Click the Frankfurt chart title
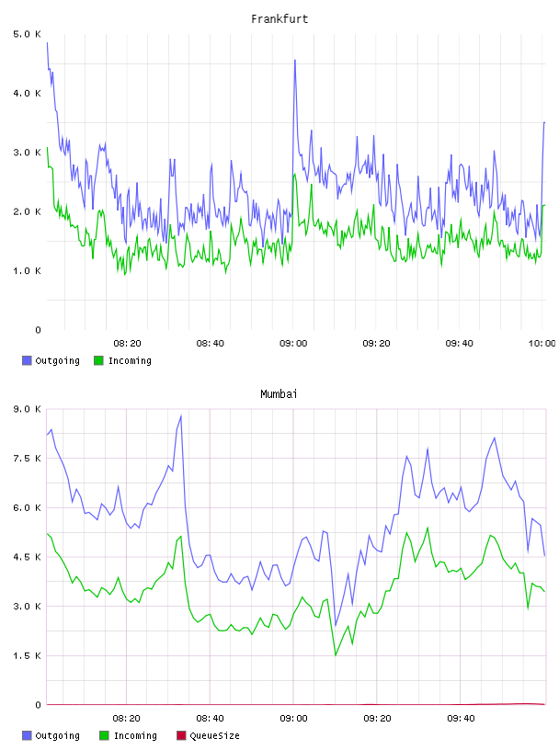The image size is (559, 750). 279,19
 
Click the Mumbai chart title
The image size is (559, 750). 279,394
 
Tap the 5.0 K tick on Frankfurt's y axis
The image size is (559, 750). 27,34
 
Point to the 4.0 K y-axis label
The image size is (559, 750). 27,93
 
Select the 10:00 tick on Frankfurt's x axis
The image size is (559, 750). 542,343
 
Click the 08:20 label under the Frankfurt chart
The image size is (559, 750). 127,343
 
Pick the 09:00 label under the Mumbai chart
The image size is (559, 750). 293,718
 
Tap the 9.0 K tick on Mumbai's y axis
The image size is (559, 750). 27,409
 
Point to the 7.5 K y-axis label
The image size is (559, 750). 27,459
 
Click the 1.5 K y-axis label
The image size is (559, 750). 27,655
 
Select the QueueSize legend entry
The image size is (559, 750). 208,735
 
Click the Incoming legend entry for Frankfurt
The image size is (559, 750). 123,360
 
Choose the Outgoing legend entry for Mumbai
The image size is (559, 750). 51,735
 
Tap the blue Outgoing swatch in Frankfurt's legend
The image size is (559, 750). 27,360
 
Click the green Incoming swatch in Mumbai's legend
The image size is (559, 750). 104,735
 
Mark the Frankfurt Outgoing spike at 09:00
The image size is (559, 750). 295,61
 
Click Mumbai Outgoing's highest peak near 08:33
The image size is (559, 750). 181,415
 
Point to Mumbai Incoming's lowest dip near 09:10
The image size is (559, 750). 336,654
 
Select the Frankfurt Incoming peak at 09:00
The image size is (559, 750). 295,174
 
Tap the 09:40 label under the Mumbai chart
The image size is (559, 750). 461,718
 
